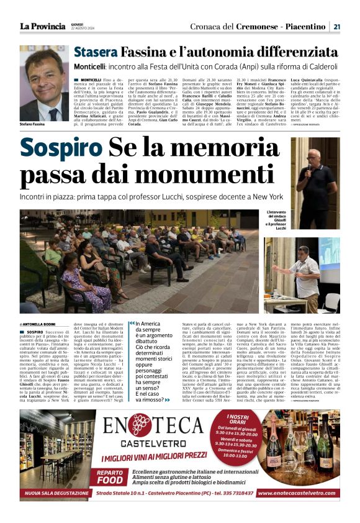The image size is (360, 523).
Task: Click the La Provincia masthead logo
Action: point(42,26)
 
